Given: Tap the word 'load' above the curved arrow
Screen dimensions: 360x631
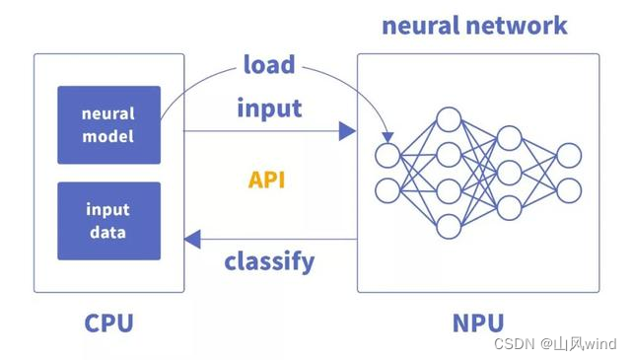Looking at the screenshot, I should click(x=269, y=65).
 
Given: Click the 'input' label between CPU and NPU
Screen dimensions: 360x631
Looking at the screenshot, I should click(x=269, y=108).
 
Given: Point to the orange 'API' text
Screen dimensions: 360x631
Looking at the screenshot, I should click(x=268, y=180).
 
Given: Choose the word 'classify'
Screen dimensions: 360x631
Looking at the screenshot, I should click(x=269, y=261).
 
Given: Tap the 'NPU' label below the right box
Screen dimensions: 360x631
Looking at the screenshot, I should click(x=477, y=323).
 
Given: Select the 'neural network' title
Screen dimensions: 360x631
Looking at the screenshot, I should click(x=475, y=24).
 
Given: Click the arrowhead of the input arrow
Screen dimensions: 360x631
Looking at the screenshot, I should click(x=346, y=129).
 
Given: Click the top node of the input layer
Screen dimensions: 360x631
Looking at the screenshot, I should click(x=387, y=156).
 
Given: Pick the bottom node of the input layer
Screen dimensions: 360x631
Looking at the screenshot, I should click(x=387, y=189).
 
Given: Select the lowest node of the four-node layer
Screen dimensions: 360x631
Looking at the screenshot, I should click(x=449, y=226).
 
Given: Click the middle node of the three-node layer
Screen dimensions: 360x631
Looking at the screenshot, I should click(x=509, y=173).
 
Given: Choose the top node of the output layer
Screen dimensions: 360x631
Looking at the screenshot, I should click(x=569, y=156).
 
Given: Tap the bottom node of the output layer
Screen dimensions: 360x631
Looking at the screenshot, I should click(x=569, y=189).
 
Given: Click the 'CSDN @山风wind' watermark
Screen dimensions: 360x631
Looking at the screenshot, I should click(x=570, y=344).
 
